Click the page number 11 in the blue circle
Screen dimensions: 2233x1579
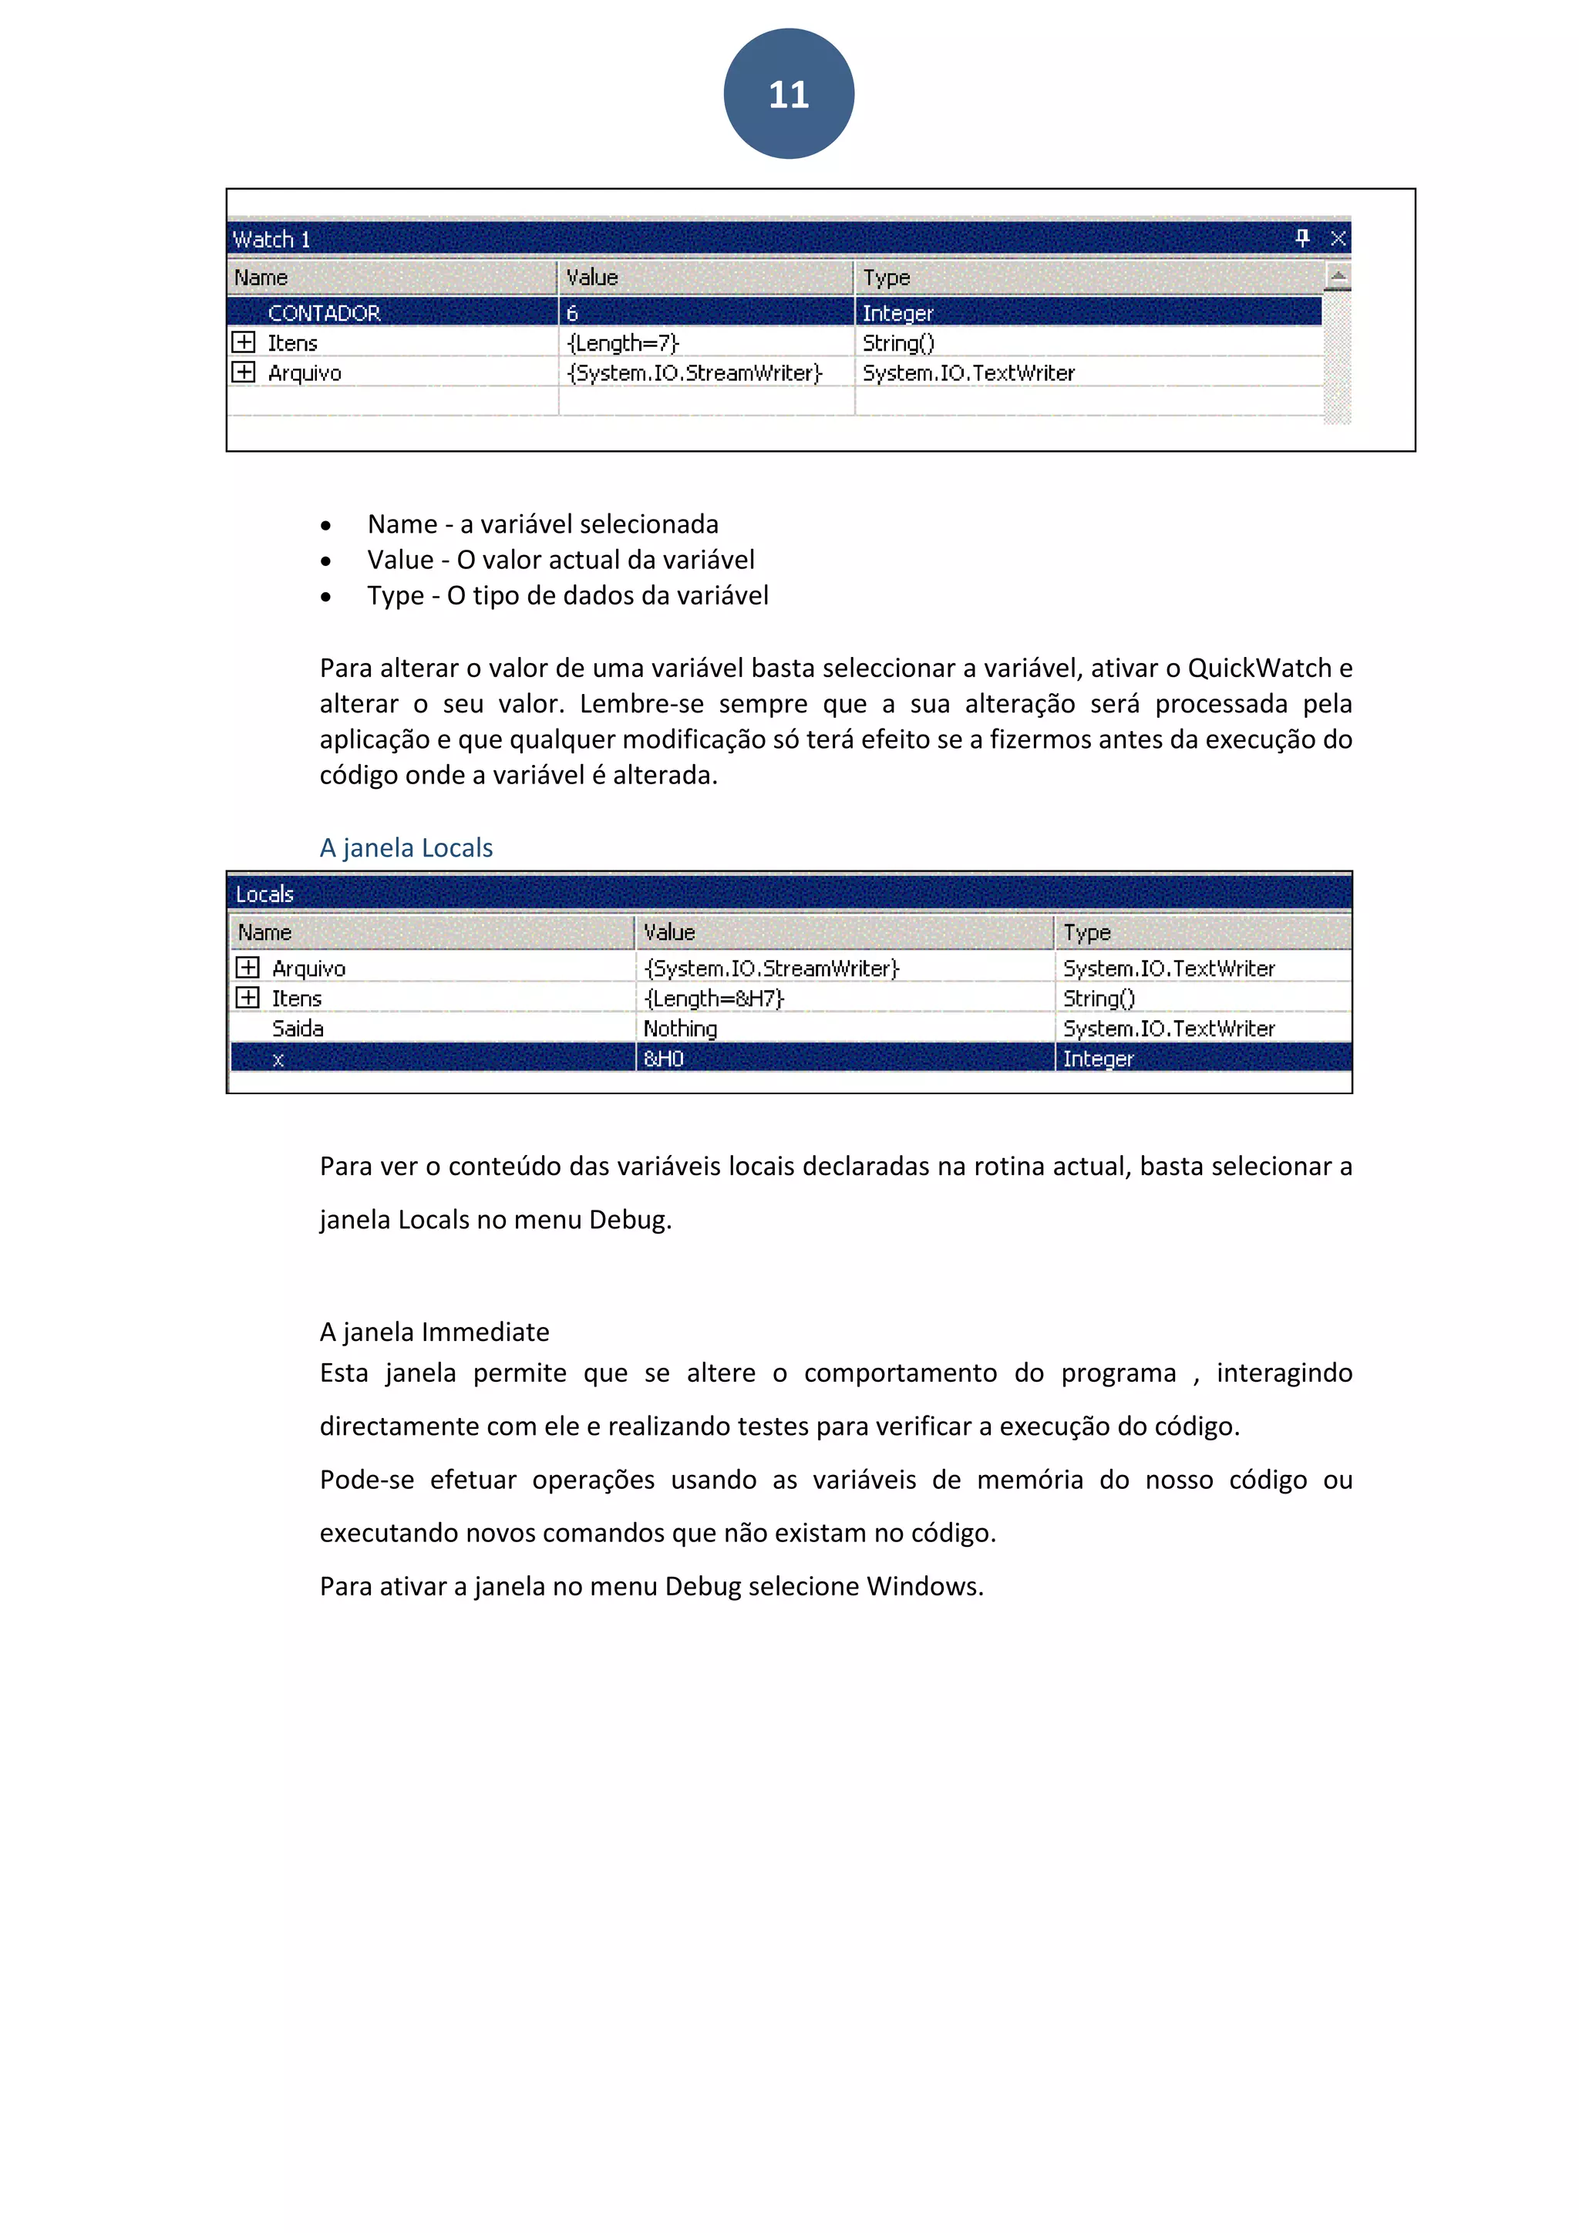click(789, 94)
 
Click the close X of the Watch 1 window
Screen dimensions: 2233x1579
click(1338, 238)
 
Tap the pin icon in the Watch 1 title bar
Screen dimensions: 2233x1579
click(1303, 237)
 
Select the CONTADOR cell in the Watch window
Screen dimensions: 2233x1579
click(324, 313)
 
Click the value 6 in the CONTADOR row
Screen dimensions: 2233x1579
click(572, 313)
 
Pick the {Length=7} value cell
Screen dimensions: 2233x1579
click(622, 343)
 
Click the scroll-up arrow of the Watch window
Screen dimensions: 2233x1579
click(1338, 277)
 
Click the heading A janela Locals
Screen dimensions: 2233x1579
click(406, 848)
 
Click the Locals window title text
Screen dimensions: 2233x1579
click(264, 894)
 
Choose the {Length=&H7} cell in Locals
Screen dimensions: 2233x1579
click(714, 999)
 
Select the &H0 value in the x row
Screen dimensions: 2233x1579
click(663, 1059)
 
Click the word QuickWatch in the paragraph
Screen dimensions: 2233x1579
click(1259, 669)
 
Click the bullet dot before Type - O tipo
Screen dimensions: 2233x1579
click(325, 597)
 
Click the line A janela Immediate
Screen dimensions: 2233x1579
click(435, 1332)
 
